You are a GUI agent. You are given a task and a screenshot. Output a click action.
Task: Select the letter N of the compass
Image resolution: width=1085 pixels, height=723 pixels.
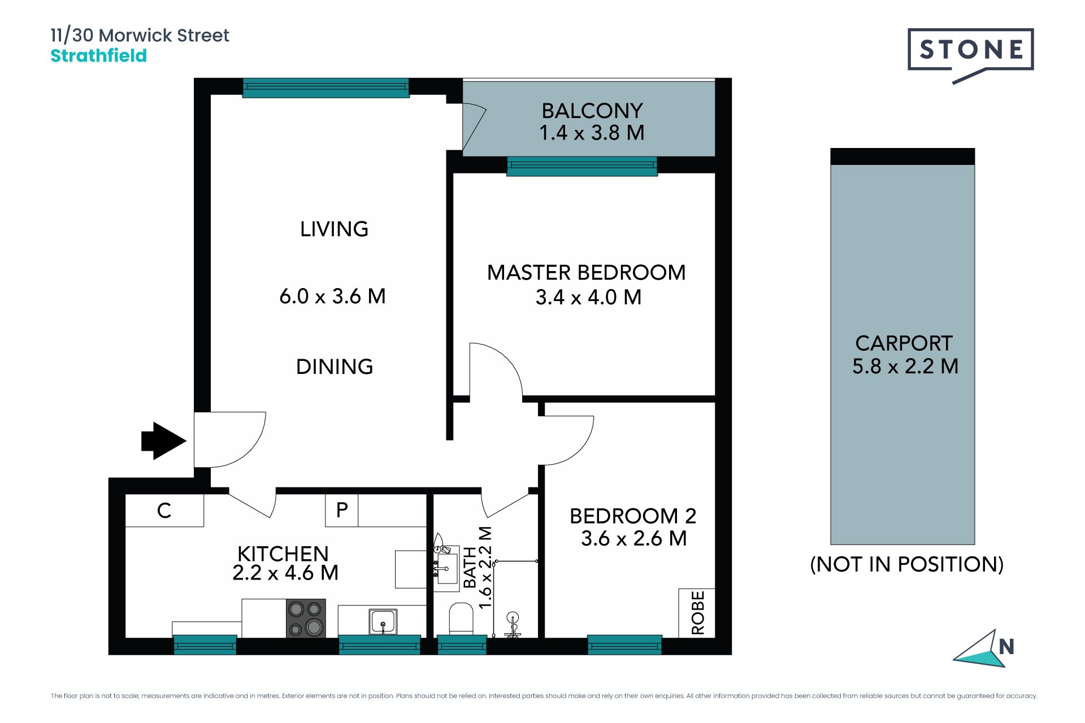[1006, 647]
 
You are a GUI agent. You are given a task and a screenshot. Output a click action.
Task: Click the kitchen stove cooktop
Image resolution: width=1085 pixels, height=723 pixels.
[306, 619]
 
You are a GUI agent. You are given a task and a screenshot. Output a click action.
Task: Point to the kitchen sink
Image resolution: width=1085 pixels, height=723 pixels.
[383, 622]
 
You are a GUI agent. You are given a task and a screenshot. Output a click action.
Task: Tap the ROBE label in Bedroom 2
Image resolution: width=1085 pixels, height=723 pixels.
[698, 612]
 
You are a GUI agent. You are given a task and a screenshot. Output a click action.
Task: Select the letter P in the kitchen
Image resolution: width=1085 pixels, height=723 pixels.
[342, 510]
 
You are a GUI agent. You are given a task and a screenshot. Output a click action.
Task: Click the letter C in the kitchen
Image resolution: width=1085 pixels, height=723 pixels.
[164, 511]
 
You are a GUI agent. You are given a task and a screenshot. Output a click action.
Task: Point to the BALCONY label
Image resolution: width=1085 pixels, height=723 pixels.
[592, 111]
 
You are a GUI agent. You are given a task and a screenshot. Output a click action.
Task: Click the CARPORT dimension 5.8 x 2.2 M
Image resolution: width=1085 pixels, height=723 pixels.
[905, 366]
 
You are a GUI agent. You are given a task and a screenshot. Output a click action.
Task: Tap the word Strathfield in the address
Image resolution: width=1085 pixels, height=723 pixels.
[99, 56]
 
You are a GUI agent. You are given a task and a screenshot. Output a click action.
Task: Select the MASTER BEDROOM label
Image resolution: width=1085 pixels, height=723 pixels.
[587, 273]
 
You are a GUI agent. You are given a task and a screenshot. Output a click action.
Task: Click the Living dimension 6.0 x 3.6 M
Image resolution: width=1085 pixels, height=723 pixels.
[333, 297]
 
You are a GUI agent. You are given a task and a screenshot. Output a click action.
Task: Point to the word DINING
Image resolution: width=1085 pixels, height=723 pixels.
[335, 367]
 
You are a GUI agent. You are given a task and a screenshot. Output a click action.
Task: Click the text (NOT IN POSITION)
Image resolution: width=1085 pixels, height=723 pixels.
[907, 564]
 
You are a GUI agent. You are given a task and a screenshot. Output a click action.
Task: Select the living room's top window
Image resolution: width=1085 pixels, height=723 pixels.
[325, 88]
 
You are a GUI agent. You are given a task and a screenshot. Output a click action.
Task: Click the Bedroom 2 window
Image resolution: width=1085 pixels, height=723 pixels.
[624, 644]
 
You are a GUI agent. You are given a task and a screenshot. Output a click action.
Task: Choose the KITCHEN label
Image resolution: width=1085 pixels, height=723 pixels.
[283, 554]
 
